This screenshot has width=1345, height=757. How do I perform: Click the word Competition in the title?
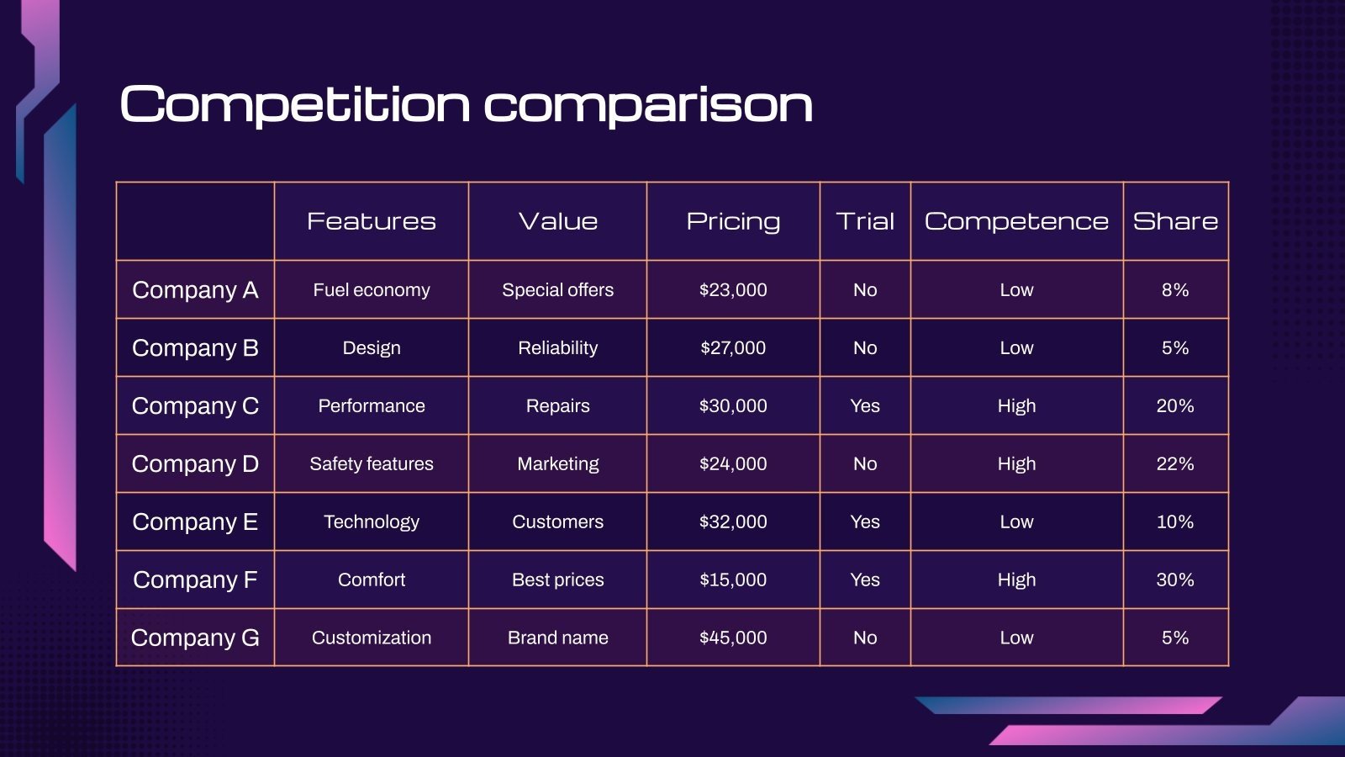tap(295, 105)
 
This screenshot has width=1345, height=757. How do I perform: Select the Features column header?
tap(371, 221)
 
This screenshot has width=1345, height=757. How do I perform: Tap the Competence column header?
tap(1016, 221)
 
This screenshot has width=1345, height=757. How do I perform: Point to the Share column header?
tap(1175, 221)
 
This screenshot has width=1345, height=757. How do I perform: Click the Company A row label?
tap(195, 289)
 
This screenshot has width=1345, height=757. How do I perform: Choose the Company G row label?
tap(195, 638)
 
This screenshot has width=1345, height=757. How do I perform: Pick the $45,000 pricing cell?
tap(733, 638)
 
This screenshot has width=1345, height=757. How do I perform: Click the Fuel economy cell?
tap(371, 289)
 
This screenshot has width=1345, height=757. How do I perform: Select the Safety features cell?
tap(371, 463)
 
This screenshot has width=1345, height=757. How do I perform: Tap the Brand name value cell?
tap(557, 638)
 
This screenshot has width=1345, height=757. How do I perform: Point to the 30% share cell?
tap(1175, 580)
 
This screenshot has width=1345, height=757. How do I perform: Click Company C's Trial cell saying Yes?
tap(865, 405)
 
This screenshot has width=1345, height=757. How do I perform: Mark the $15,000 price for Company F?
tap(733, 580)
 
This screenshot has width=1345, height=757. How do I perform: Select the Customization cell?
tap(371, 638)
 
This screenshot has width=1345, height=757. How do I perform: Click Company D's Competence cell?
tap(1016, 463)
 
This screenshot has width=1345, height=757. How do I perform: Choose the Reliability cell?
tap(557, 347)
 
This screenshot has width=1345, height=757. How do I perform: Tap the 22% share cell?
tap(1175, 463)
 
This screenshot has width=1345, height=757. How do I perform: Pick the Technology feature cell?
tap(371, 521)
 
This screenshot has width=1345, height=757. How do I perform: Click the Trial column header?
tap(865, 221)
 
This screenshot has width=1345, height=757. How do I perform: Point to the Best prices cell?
tap(557, 580)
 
